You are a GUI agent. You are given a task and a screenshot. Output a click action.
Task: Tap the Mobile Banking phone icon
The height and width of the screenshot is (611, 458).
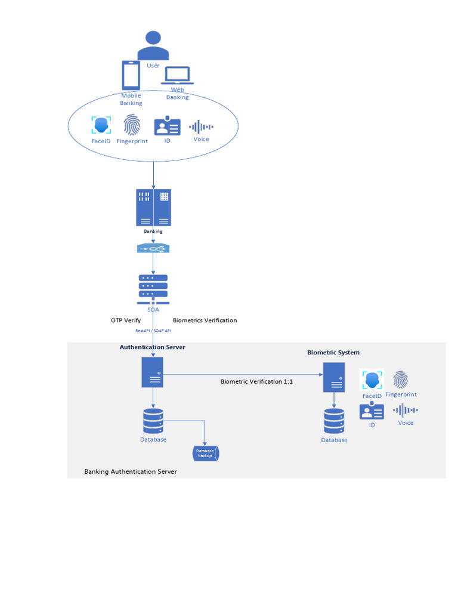pos(131,76)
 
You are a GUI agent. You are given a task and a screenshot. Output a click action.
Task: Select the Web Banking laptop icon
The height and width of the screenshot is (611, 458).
pos(177,76)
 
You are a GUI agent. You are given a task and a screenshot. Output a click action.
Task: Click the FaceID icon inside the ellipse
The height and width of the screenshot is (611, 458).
pos(101,125)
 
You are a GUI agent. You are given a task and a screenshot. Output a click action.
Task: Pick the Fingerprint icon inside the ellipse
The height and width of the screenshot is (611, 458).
pos(132,125)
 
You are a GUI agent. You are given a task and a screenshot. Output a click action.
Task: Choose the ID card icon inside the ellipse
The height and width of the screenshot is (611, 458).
pos(167,126)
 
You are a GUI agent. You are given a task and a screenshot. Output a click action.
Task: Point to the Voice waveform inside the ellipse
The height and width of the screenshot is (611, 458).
pos(201,126)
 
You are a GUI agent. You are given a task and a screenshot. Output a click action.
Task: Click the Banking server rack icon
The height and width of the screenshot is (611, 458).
pos(153,208)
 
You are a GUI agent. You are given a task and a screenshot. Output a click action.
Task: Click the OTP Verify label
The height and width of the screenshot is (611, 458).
pos(126,320)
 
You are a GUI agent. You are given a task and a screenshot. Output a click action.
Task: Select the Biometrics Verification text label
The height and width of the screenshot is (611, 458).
pos(205,320)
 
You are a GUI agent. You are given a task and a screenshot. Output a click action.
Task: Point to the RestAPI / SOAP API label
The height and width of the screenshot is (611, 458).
pos(153,331)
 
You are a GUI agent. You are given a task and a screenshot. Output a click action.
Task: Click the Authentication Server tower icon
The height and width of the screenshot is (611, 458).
pos(153,372)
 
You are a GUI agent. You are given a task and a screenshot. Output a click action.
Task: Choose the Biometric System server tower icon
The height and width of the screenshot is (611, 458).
pos(334,377)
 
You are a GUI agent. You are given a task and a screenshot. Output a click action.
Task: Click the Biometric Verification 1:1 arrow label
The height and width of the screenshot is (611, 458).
pos(256,381)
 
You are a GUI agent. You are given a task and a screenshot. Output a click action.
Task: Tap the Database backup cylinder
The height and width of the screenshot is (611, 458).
pos(205,453)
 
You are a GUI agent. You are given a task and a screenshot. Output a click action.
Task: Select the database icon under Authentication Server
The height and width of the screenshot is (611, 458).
pos(153,421)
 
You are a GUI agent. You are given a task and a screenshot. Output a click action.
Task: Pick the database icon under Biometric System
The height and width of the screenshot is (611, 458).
pos(334,421)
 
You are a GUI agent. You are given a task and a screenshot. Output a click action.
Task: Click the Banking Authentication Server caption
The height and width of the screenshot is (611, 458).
pos(131,471)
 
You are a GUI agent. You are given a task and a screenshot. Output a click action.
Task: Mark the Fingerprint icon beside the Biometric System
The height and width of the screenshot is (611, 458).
pos(401,380)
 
